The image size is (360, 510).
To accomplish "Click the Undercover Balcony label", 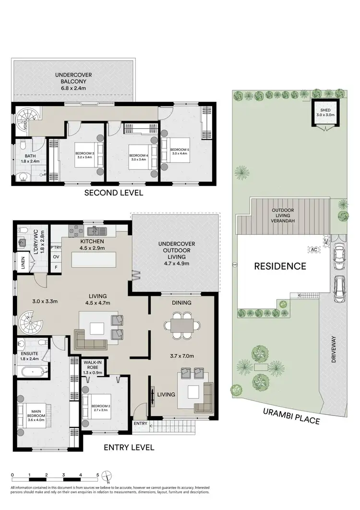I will [73, 82].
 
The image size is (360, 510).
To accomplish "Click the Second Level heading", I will [113, 193].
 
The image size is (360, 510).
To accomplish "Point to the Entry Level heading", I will [129, 447].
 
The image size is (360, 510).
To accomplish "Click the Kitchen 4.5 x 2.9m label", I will [94, 244].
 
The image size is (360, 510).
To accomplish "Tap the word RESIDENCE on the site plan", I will [280, 266].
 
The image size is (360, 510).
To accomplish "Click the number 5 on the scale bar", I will [97, 474].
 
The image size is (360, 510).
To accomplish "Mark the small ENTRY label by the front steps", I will [140, 423].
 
